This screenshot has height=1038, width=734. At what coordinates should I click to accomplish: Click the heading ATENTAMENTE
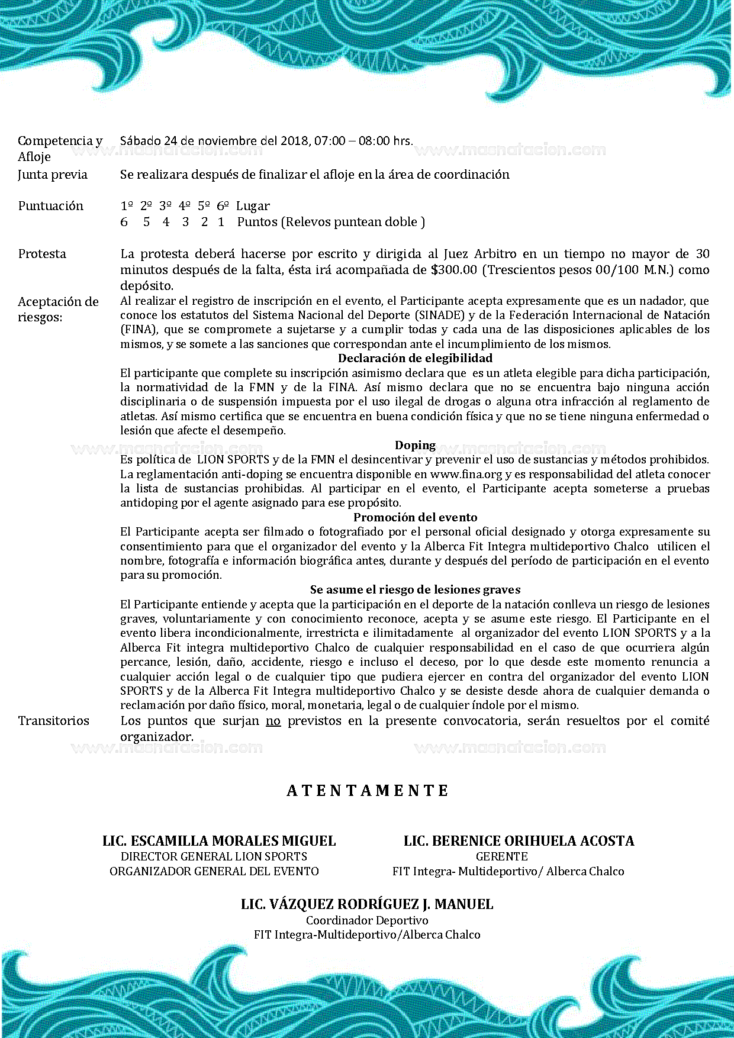(368, 791)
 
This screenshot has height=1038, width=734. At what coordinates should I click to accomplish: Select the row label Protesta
(42, 254)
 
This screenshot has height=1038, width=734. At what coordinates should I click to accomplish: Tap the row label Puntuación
(51, 206)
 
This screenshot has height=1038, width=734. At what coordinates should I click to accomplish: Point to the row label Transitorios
(54, 721)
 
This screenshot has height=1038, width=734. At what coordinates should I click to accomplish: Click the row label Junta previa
(53, 175)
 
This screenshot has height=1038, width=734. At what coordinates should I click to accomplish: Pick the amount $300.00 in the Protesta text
(454, 270)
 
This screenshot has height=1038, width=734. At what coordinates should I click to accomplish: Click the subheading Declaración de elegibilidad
(415, 358)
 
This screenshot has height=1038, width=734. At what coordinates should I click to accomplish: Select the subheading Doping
(415, 445)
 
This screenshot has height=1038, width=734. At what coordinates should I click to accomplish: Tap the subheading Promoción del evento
(415, 517)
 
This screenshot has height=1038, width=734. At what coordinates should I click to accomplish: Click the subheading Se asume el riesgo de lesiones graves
(415, 589)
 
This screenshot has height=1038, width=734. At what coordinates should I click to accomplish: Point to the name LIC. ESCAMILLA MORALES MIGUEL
(219, 841)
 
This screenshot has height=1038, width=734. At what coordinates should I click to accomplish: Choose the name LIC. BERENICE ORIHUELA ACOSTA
(519, 841)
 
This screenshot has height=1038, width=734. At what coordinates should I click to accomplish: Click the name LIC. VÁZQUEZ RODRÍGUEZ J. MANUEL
(367, 904)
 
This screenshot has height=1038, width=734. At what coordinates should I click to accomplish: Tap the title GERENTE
(501, 856)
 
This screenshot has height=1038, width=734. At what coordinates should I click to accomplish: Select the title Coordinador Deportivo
(367, 920)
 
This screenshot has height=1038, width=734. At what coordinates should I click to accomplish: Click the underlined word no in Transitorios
(273, 721)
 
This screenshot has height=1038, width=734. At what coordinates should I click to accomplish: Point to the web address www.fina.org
(466, 474)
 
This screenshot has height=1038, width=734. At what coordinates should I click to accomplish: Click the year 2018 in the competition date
(294, 141)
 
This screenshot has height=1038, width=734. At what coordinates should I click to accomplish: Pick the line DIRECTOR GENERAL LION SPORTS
(214, 856)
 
